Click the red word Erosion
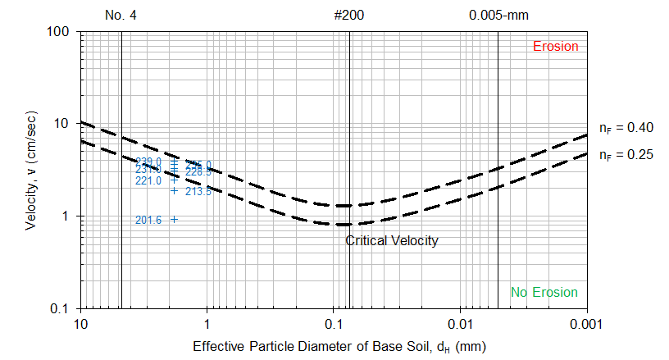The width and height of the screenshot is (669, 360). (x=556, y=46)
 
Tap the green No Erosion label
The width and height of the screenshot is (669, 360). (x=544, y=293)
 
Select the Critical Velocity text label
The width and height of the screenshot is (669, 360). (x=391, y=241)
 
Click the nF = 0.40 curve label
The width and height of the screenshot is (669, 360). (x=626, y=128)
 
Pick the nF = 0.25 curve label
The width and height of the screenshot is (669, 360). (x=626, y=153)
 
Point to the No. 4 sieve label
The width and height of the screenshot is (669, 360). (x=121, y=15)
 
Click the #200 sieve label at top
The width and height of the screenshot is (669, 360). (x=349, y=15)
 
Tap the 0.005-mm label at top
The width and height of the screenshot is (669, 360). (x=497, y=15)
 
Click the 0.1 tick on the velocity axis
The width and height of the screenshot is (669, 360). (x=65, y=309)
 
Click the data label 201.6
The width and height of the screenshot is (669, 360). (x=148, y=220)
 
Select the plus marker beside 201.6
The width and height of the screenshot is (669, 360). (x=174, y=219)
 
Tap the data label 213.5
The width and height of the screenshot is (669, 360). (x=198, y=192)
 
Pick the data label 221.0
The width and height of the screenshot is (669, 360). (x=148, y=181)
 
